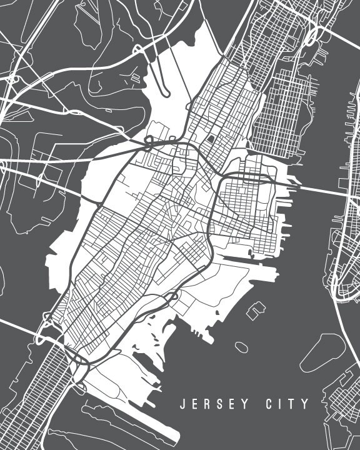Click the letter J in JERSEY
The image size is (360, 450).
click(182, 404)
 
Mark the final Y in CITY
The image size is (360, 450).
click(304, 404)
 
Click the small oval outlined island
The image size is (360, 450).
click(241, 346)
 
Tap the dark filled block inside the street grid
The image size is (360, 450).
click(212, 139)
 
